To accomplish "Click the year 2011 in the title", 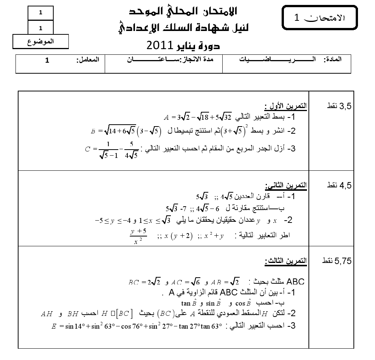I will click(x=160, y=46).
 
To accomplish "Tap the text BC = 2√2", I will click(x=145, y=282).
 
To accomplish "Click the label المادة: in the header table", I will click(x=333, y=60).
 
